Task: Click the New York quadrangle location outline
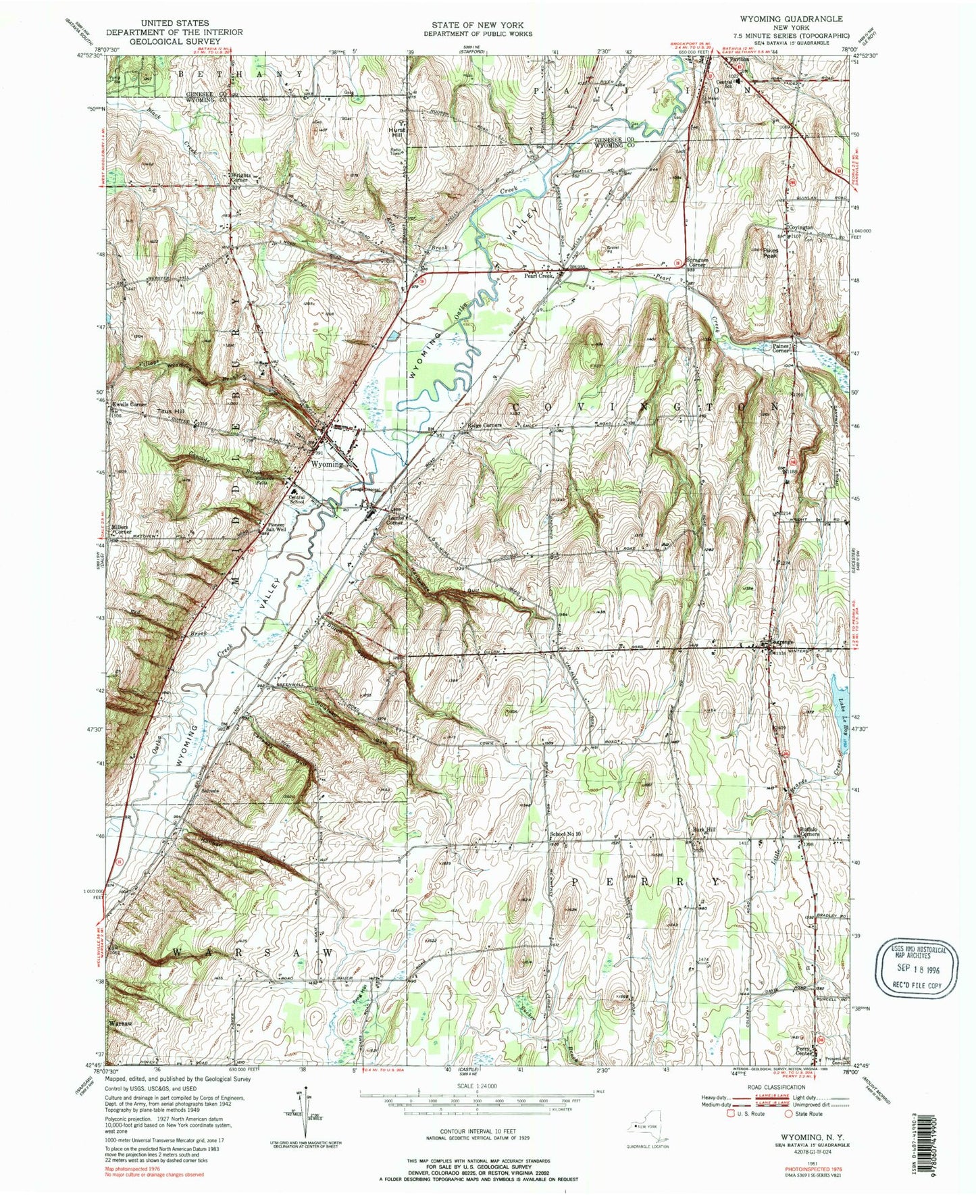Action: (649, 1126)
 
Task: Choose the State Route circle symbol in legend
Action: (789, 1113)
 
